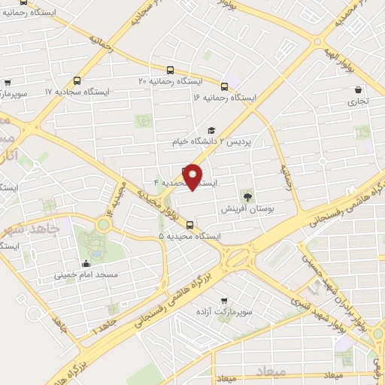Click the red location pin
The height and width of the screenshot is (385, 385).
pos(193,177)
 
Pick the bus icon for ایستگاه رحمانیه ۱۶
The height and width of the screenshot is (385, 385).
pos(224,86)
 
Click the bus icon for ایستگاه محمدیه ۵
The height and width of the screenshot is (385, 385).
pos(189,223)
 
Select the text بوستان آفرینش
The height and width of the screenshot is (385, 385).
pos(244,207)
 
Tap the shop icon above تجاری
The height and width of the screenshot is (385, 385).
pos(358,89)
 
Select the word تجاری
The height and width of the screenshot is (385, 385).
pos(358,101)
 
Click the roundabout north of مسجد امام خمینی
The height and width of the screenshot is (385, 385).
pos(103,223)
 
